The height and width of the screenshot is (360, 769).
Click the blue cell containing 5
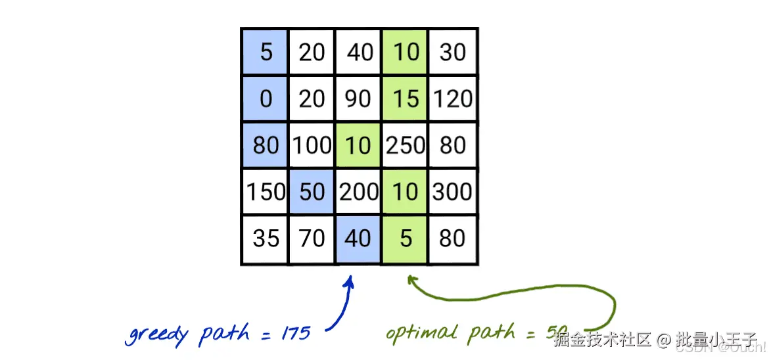click(265, 51)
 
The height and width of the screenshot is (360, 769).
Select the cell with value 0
click(265, 99)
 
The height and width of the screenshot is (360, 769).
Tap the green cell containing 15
click(406, 99)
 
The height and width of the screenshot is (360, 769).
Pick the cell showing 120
click(453, 99)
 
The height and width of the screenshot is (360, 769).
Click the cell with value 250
click(406, 145)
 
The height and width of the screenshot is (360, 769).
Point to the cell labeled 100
click(312, 145)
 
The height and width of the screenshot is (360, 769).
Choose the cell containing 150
click(265, 192)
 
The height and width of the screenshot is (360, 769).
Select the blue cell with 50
click(312, 192)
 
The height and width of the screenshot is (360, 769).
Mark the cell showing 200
click(358, 192)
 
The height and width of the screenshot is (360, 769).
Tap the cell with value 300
click(453, 192)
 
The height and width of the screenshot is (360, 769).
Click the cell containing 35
click(265, 238)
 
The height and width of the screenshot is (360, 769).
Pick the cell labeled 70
click(312, 238)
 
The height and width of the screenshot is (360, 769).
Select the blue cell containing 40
click(358, 238)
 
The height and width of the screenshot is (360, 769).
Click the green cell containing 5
click(406, 238)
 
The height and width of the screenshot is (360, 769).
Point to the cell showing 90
click(358, 99)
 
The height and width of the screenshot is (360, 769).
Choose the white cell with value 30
click(453, 51)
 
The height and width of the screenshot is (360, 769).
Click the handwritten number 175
click(295, 333)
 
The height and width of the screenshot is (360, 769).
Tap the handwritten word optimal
click(421, 334)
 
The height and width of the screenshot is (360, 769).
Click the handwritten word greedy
click(157, 335)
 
